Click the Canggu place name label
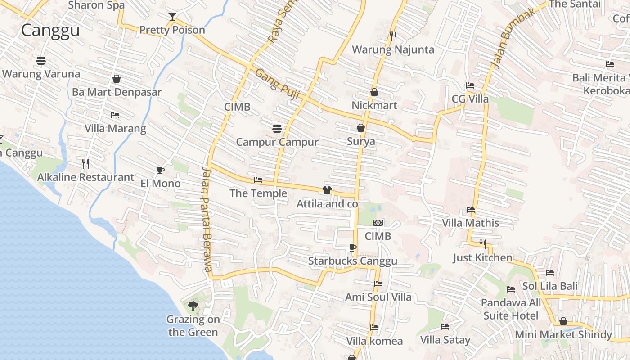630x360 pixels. point(50,31)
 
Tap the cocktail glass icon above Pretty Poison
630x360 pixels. point(172,17)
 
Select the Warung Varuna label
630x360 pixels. point(41,74)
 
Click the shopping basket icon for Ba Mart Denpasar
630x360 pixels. point(117,79)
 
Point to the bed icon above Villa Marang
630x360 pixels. point(115,115)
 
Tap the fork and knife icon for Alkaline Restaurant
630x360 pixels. point(85,163)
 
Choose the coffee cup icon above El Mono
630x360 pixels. point(160,170)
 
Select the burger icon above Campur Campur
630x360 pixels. point(277,129)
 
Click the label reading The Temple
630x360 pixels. point(258,193)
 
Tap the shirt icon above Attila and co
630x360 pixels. point(327,190)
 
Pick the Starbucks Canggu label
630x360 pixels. point(353,261)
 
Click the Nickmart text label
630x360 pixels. point(374,105)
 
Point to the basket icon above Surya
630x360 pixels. point(361,128)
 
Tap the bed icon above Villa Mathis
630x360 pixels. point(471,210)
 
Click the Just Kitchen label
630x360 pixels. point(482,258)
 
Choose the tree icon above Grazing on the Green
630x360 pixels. point(193,306)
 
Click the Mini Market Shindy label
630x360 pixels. point(563,335)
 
